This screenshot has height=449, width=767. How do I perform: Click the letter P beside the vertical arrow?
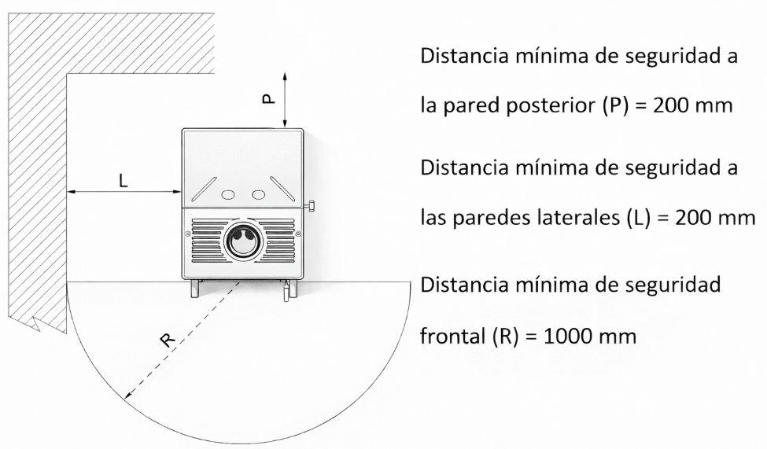click(267, 98)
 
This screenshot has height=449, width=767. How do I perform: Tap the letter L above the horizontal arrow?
click(123, 180)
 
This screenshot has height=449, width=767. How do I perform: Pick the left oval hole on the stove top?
click(228, 193)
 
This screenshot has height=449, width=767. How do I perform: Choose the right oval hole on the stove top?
click(258, 193)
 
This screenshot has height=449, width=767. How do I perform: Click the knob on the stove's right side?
click(311, 206)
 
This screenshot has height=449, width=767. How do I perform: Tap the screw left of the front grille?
click(188, 234)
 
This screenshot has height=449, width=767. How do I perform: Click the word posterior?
click(539, 107)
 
